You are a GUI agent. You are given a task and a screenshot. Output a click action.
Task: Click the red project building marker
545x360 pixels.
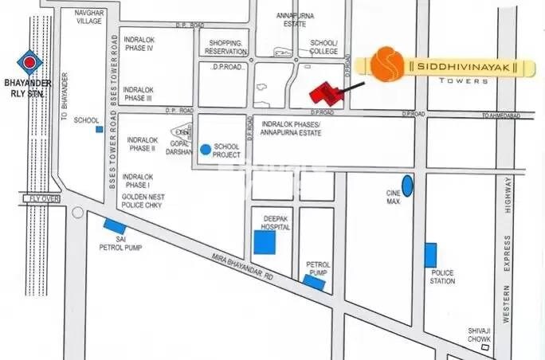[x=326, y=93]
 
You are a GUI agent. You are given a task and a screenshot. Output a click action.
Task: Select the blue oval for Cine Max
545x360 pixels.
[x=408, y=186]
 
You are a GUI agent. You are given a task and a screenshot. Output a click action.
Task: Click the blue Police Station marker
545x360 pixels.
[x=430, y=255]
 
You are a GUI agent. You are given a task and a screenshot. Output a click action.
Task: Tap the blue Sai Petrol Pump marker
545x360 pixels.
[x=113, y=225]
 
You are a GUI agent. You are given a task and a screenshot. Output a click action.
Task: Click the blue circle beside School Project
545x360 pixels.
[x=206, y=148]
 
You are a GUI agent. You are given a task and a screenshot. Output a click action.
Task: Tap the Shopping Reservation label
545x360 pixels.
[x=225, y=47]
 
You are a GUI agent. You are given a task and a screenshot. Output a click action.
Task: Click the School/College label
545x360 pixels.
[x=324, y=47]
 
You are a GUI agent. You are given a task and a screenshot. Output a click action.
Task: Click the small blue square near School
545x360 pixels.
[x=99, y=128]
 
